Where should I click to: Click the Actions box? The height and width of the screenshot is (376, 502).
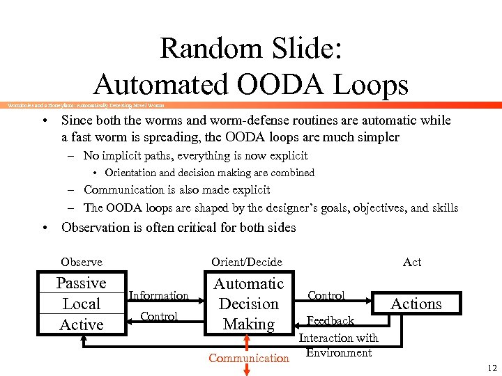tap(416, 304)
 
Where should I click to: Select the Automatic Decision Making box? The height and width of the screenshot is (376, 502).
tap(248, 304)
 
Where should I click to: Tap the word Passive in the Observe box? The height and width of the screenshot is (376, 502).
tap(81, 283)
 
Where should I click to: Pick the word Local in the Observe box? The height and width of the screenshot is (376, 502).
tap(81, 304)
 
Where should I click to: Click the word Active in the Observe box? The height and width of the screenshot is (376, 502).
tap(81, 324)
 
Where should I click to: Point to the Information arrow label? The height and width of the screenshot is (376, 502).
tap(158, 295)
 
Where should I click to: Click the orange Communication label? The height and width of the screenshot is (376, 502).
tap(248, 358)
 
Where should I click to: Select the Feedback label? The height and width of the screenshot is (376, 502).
tap(330, 321)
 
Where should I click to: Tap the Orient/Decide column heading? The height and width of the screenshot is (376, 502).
tap(246, 262)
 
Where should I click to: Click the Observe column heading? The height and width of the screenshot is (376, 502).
tap(81, 262)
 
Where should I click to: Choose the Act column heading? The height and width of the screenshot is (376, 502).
tap(411, 262)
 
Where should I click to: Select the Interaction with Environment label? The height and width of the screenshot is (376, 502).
tap(338, 345)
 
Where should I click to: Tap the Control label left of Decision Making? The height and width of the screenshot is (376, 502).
tap(158, 316)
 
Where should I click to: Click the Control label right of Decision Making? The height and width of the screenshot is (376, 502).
tap(326, 295)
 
